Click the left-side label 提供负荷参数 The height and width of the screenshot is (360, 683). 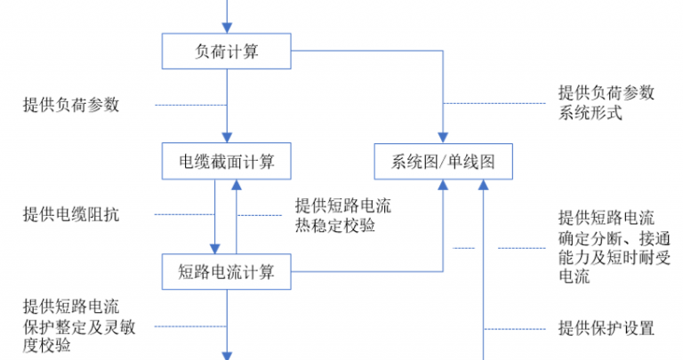pos(71,105)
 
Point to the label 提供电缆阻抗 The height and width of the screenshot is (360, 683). pos(71,214)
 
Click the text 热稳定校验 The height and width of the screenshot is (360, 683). pos(335,226)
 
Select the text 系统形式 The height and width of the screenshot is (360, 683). pos(591,113)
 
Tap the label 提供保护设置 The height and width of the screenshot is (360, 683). pos(607,328)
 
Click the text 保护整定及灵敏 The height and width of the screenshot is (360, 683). pos(79,327)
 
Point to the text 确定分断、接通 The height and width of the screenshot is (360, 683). pos(615,238)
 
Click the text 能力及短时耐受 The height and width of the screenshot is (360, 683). pos(615,257)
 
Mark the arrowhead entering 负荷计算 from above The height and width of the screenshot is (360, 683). pos(227,28)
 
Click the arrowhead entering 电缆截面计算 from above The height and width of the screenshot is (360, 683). pos(227,138)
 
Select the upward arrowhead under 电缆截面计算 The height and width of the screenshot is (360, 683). pos(237,185)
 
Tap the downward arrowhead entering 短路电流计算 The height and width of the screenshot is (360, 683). pos(214,249)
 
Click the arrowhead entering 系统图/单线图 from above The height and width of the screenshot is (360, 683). pos(443,138)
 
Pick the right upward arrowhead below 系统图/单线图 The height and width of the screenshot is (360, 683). pos(483,185)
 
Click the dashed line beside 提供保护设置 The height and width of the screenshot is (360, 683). pos(515,329)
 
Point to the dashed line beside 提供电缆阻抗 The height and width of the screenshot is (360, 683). pos(185,214)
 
